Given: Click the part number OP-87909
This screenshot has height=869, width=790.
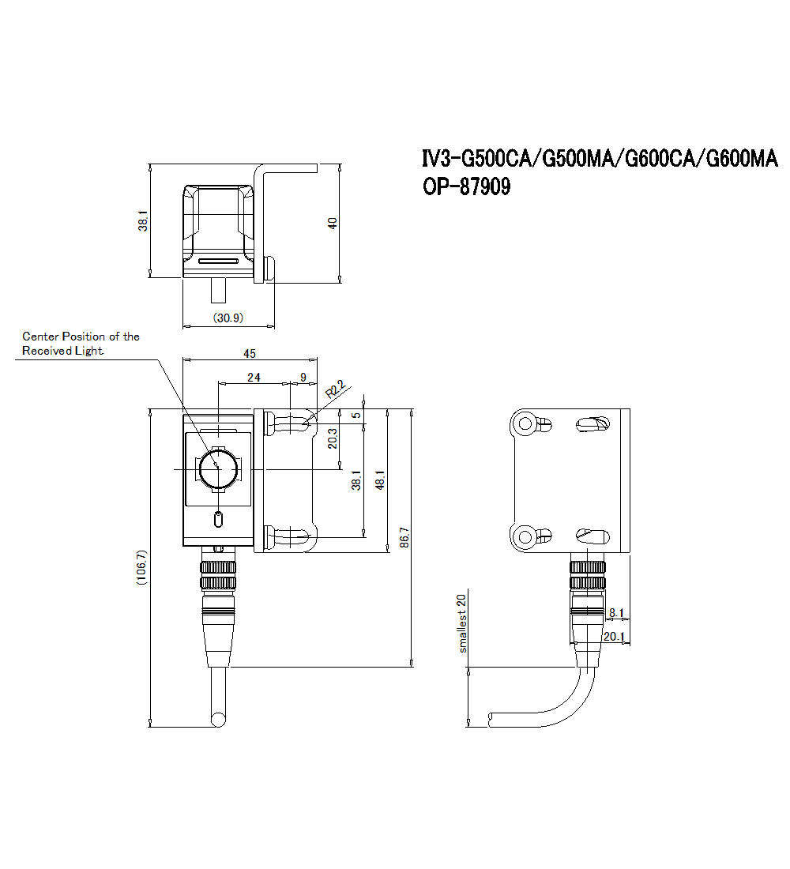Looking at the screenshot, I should click(x=467, y=188).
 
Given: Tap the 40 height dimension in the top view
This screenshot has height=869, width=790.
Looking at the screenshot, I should click(x=333, y=223).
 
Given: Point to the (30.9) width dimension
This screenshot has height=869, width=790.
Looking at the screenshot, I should click(x=228, y=317).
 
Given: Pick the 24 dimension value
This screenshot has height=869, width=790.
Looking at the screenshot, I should click(x=254, y=378).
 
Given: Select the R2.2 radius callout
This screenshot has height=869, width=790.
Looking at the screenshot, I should click(x=336, y=389).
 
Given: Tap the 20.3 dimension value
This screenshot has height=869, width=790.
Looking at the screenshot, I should click(x=333, y=438).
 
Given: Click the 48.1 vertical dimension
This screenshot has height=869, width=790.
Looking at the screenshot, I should click(x=380, y=480).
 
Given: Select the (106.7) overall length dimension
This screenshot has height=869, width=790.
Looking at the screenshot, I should click(x=141, y=567).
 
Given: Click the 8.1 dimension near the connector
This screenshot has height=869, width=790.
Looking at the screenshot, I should click(x=616, y=612).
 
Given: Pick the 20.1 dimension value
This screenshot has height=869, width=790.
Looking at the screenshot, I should click(x=614, y=636).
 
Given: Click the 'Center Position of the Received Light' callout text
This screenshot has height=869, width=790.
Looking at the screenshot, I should click(x=80, y=344).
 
